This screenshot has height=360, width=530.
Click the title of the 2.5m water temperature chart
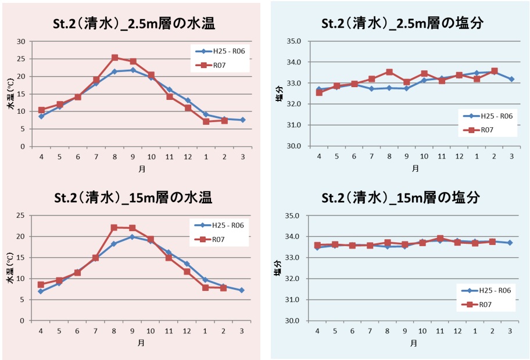click(131, 24)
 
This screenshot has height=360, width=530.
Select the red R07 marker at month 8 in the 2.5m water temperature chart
click(114, 57)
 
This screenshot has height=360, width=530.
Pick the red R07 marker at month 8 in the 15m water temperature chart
click(114, 228)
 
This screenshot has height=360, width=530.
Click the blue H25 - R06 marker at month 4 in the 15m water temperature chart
click(41, 291)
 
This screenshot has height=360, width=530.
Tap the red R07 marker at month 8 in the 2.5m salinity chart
click(389, 72)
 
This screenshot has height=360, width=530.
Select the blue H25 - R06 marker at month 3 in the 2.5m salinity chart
click(511, 79)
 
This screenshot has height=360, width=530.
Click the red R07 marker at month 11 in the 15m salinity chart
click(441, 238)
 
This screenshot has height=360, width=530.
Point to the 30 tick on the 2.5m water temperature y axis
click(22, 41)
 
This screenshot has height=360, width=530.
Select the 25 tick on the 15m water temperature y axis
click(22, 215)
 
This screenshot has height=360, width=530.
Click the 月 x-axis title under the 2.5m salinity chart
click(415, 169)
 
